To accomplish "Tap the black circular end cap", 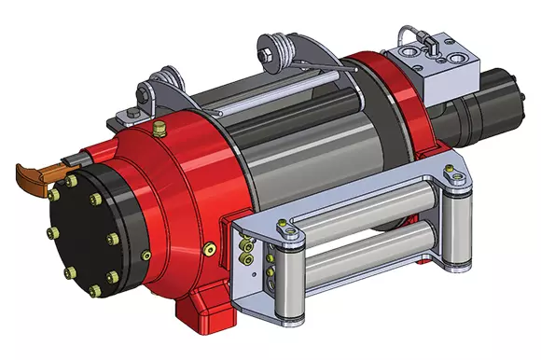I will click(x=90, y=233).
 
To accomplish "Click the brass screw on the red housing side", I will click(x=210, y=249).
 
